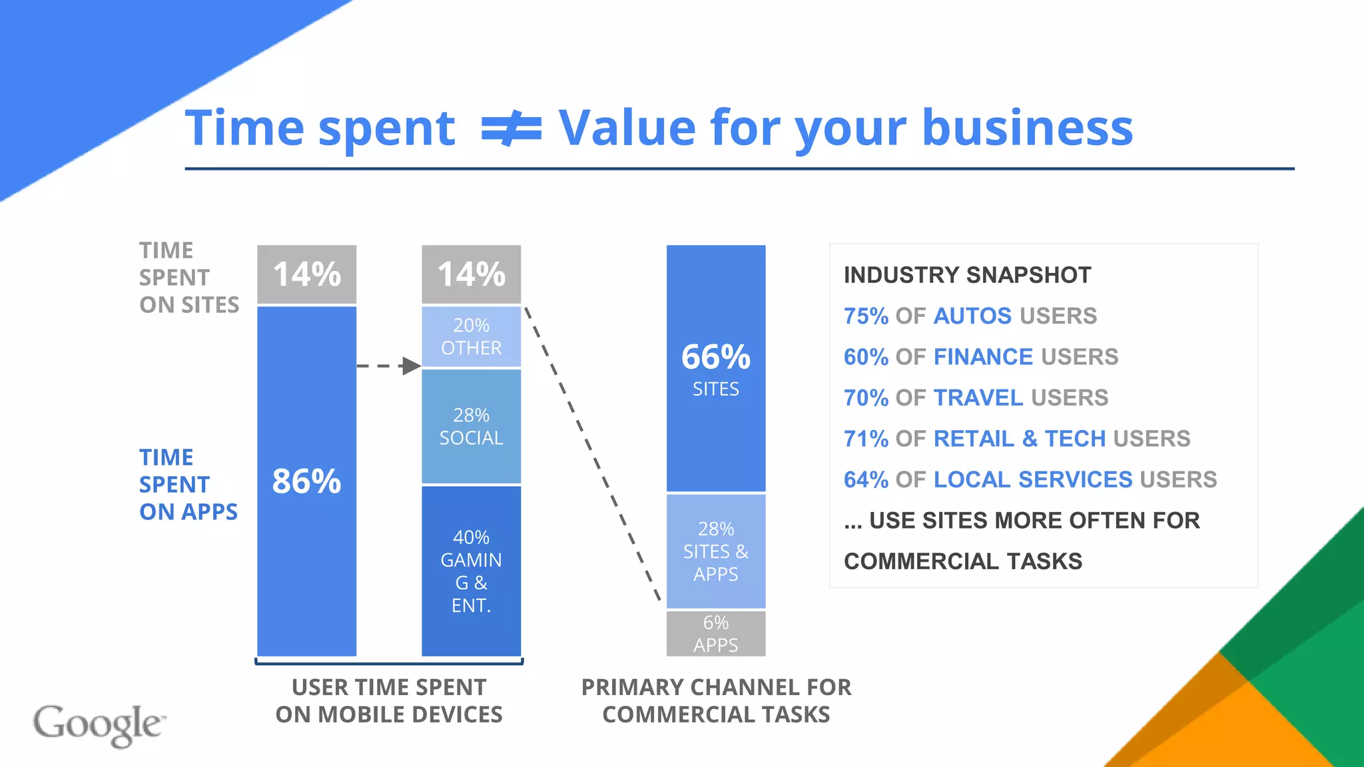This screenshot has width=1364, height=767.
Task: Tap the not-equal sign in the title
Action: pyautogui.click(x=511, y=128)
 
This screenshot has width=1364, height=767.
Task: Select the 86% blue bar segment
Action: pyautogui.click(x=307, y=481)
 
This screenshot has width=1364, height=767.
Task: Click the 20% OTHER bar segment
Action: pyautogui.click(x=471, y=336)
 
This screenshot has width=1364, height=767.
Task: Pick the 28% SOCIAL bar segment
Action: pyautogui.click(x=471, y=426)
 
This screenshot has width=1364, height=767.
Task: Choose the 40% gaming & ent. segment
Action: pyautogui.click(x=471, y=571)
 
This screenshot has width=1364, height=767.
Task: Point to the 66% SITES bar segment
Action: pyautogui.click(x=716, y=368)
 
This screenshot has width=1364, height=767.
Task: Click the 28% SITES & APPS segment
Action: pyautogui.click(x=716, y=551)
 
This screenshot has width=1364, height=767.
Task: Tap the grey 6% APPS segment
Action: pyautogui.click(x=716, y=633)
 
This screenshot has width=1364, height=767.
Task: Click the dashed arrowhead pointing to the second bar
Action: pyautogui.click(x=411, y=366)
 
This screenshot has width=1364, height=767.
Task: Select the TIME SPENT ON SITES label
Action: pyautogui.click(x=188, y=277)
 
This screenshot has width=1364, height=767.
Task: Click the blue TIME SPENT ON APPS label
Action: pyautogui.click(x=188, y=484)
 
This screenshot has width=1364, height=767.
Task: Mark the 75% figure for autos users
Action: pyautogui.click(x=866, y=316)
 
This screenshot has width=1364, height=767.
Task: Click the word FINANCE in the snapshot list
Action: pyautogui.click(x=983, y=357)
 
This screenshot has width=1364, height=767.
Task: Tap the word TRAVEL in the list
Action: pyautogui.click(x=978, y=397)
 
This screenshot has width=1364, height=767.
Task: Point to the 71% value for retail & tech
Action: pyautogui.click(x=866, y=439)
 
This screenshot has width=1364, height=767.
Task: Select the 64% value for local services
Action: pyautogui.click(x=866, y=479)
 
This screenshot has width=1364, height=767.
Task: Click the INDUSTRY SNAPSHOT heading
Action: pyautogui.click(x=967, y=275)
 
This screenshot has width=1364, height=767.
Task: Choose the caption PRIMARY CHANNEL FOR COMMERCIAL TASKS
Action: pyautogui.click(x=716, y=700)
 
